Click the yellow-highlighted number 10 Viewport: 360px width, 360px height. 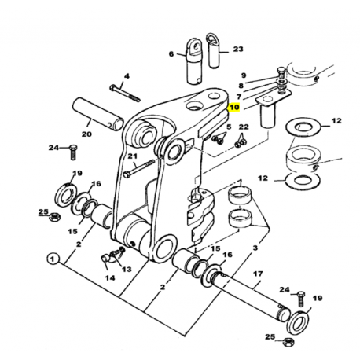coord(234,107)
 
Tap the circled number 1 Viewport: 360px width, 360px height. coord(53,259)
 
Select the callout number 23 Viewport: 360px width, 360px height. coord(238,49)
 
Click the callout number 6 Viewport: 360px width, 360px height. coord(171,54)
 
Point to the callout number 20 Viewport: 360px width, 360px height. coord(86,134)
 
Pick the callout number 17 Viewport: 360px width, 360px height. coord(258,274)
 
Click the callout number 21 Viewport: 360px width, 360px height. coord(132,156)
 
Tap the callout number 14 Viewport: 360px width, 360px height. coord(110,277)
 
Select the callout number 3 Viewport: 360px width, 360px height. coord(255,248)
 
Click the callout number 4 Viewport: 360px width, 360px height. coord(127,76)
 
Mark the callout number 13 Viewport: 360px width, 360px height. coord(127,269)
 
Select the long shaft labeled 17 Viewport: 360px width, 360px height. coord(252,295)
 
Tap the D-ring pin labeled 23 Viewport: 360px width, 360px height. coord(214,51)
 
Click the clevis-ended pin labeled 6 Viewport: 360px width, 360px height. coord(195,61)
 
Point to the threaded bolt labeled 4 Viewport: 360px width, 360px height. coord(126,93)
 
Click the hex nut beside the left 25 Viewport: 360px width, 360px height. coord(55,216)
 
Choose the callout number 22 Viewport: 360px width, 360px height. coord(244,127)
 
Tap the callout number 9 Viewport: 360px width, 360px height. coord(244,75)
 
